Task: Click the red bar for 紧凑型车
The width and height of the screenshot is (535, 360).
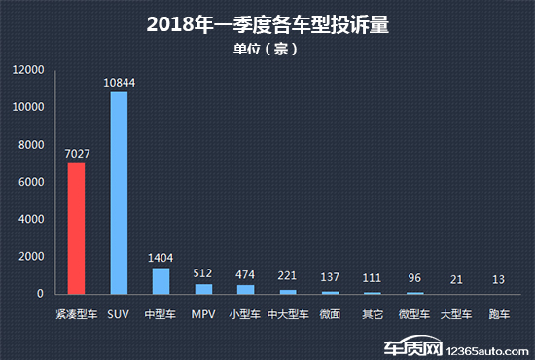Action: (76, 228)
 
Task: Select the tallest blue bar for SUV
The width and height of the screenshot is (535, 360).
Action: (119, 193)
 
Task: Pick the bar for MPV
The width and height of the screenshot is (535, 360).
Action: (202, 288)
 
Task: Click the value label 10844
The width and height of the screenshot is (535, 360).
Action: (119, 83)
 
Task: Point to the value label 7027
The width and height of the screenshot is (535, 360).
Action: (76, 154)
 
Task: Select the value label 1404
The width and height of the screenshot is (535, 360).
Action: (160, 258)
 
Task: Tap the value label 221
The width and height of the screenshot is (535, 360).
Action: (288, 275)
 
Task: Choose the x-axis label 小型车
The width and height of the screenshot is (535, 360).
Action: (245, 314)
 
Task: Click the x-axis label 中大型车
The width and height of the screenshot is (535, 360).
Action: (288, 314)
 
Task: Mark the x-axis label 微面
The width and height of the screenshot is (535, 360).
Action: (330, 314)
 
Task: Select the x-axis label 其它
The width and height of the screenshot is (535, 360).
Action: (373, 314)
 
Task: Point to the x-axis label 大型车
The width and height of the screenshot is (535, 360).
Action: (456, 314)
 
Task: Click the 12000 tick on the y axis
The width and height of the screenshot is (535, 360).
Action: (28, 70)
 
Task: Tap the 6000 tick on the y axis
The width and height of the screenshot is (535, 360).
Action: (31, 182)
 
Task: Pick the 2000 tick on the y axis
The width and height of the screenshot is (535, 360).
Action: (31, 257)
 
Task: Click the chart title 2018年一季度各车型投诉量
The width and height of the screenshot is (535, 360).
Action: (267, 24)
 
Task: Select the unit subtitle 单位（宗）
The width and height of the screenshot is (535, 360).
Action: (267, 48)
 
